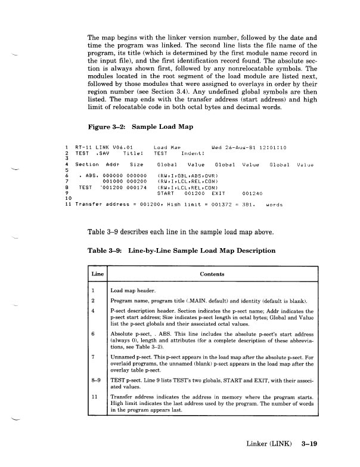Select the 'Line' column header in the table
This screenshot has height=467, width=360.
coord(97,274)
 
